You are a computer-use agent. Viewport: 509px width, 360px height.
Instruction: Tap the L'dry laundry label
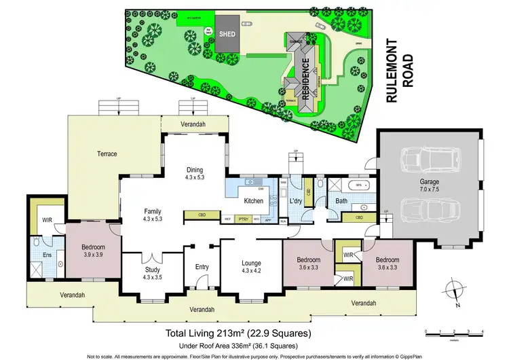295,202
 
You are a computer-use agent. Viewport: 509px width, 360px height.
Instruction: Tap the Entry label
202,268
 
